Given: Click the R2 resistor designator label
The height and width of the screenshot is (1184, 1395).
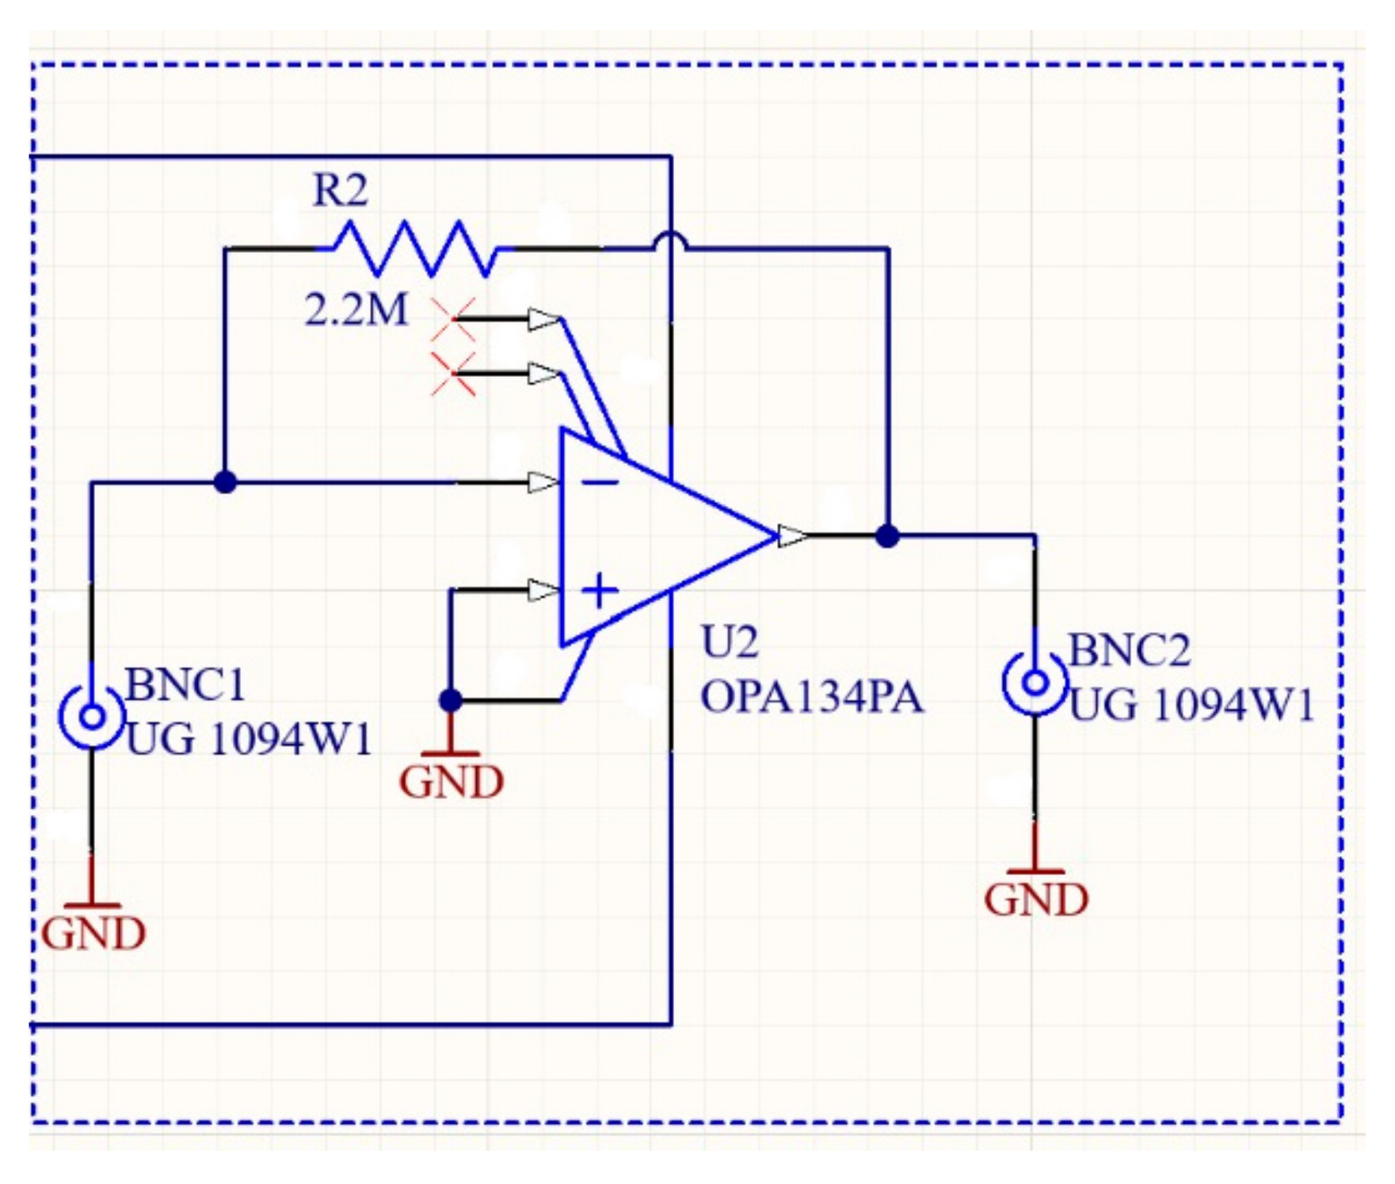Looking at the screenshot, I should pos(341,191).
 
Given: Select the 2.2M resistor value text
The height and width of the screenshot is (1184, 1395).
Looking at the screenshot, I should pos(356,310).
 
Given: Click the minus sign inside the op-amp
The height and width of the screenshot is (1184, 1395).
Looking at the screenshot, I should pos(604,482).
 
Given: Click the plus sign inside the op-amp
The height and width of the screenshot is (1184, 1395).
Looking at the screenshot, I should pos(600,591).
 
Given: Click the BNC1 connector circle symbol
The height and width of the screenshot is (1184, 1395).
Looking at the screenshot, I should pos(93,717).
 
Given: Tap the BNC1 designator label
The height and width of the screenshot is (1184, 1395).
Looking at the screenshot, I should pos(185,684).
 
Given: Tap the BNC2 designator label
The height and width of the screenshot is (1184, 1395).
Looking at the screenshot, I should pos(1129,651).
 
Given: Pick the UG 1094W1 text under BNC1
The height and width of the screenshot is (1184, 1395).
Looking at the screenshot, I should pos(249,740).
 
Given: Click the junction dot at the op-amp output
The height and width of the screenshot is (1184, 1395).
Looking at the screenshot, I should pos(887,536).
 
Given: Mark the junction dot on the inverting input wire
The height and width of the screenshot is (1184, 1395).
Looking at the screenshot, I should pos(226,482).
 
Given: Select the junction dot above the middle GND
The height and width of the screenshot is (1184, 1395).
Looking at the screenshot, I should pos(450,700).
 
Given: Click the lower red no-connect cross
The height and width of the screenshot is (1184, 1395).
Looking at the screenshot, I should pos(453,374).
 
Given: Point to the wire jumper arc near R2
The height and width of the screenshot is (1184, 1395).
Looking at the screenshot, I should pos(671,240).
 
